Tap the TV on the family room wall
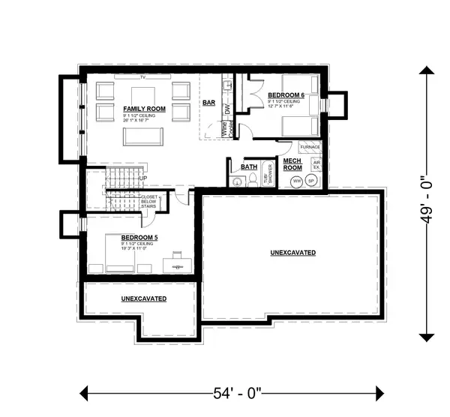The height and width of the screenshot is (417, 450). point(140,77)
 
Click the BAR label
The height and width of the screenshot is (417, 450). point(210,104)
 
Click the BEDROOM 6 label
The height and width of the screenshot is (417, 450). point(286,94)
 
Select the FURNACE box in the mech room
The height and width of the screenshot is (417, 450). point(310,147)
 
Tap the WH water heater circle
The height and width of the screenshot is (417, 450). point(295,181)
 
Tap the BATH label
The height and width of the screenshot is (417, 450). point(248,166)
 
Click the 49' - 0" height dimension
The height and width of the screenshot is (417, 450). point(426,202)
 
